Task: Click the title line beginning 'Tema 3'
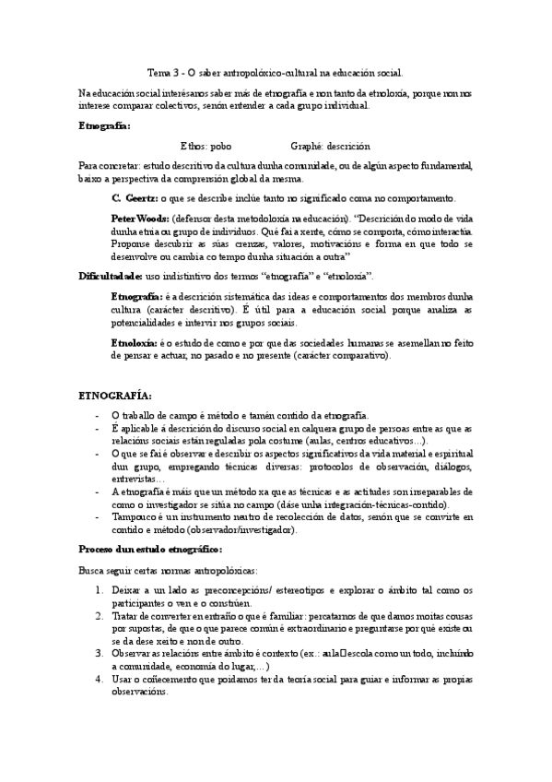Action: [x=276, y=71]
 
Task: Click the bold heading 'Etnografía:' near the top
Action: [x=104, y=125]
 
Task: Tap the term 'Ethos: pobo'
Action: [x=206, y=146]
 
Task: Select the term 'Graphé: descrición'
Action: [x=330, y=146]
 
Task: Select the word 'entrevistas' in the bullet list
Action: [x=133, y=480]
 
